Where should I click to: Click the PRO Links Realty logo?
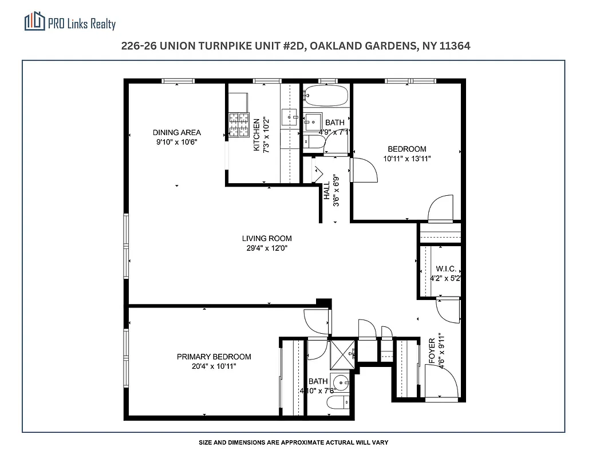click(70, 22)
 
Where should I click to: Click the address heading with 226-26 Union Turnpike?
click(295, 46)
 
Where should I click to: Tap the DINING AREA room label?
click(176, 132)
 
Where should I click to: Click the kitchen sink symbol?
click(291, 117)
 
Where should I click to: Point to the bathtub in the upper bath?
click(326, 95)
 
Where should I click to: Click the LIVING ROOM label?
click(266, 239)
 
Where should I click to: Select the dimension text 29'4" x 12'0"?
click(266, 248)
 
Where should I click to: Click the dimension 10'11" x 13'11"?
click(406, 159)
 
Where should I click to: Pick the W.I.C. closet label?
click(445, 269)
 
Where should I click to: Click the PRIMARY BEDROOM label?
click(214, 357)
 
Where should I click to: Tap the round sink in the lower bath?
click(342, 382)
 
